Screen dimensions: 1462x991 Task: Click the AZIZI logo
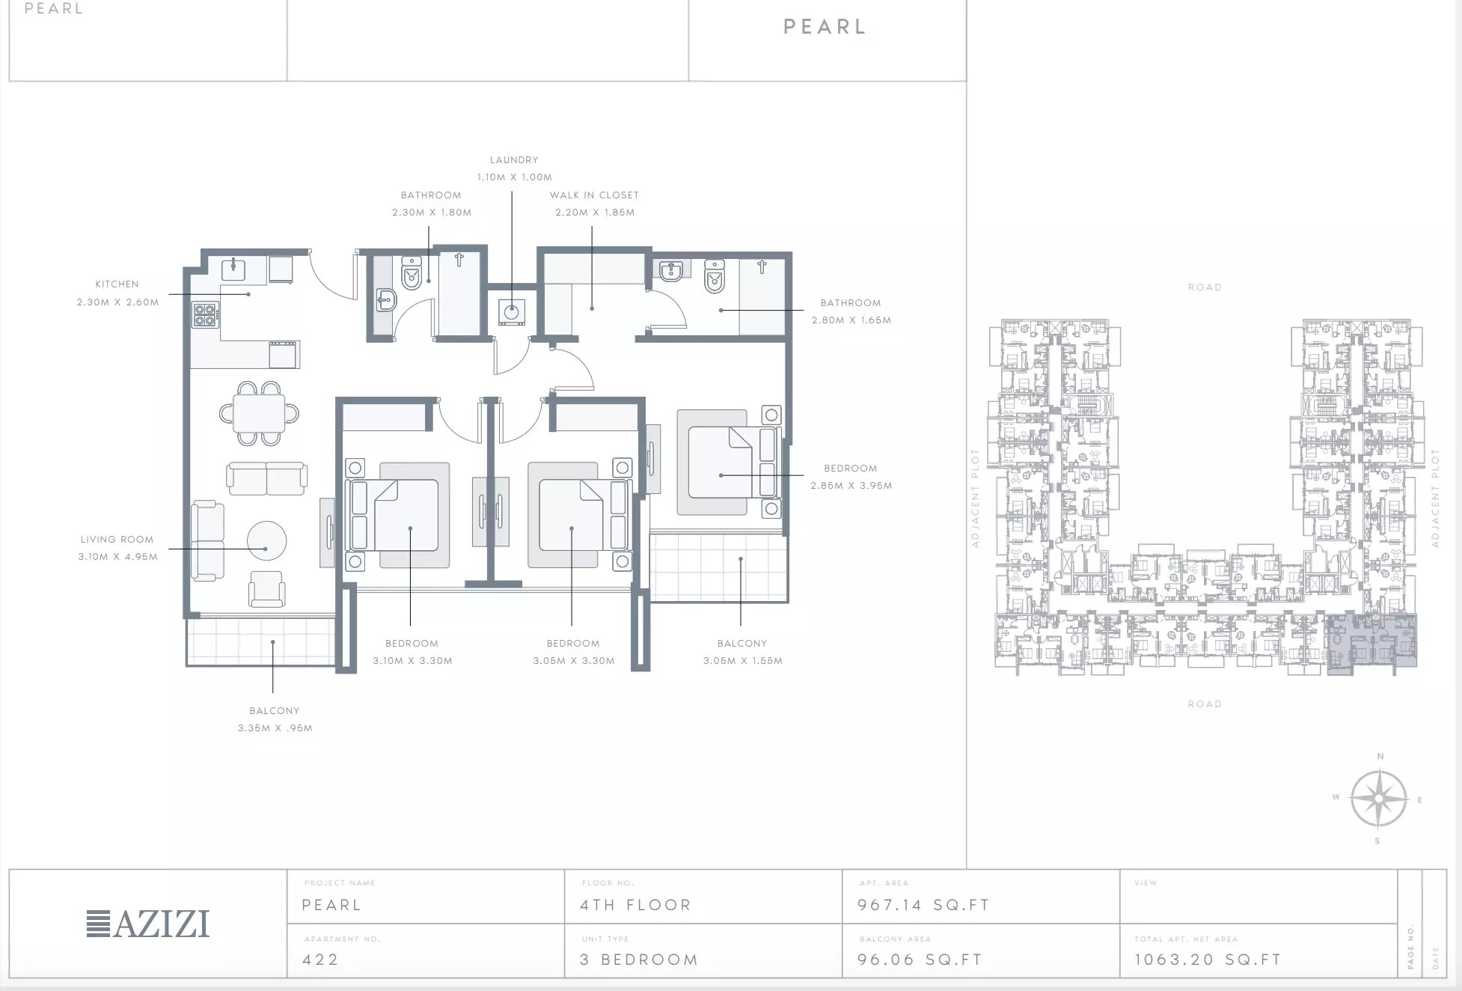click(148, 924)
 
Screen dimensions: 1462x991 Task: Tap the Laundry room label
click(514, 160)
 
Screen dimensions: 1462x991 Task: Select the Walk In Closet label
click(594, 195)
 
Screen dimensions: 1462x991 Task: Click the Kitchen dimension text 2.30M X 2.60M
click(117, 302)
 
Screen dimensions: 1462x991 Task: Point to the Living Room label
click(117, 540)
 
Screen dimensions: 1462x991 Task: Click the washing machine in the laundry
click(512, 312)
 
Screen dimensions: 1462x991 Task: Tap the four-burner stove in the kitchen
click(206, 314)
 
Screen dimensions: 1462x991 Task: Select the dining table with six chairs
click(259, 413)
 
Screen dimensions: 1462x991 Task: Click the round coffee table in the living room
click(266, 540)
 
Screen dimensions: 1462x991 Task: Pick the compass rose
click(1379, 799)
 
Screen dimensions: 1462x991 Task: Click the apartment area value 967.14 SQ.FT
click(923, 905)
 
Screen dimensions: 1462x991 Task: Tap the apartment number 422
click(320, 960)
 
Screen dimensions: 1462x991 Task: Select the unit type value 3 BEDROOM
click(639, 960)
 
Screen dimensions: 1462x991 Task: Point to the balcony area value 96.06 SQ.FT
click(920, 960)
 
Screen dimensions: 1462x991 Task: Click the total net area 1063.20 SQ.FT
click(1208, 960)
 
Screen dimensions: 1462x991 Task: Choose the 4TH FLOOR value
click(635, 905)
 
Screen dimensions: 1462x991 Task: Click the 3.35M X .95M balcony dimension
click(275, 728)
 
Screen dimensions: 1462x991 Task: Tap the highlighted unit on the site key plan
click(1371, 644)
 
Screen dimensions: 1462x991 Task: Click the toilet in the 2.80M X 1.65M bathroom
click(715, 276)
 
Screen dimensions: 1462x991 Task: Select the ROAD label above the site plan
click(1205, 287)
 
